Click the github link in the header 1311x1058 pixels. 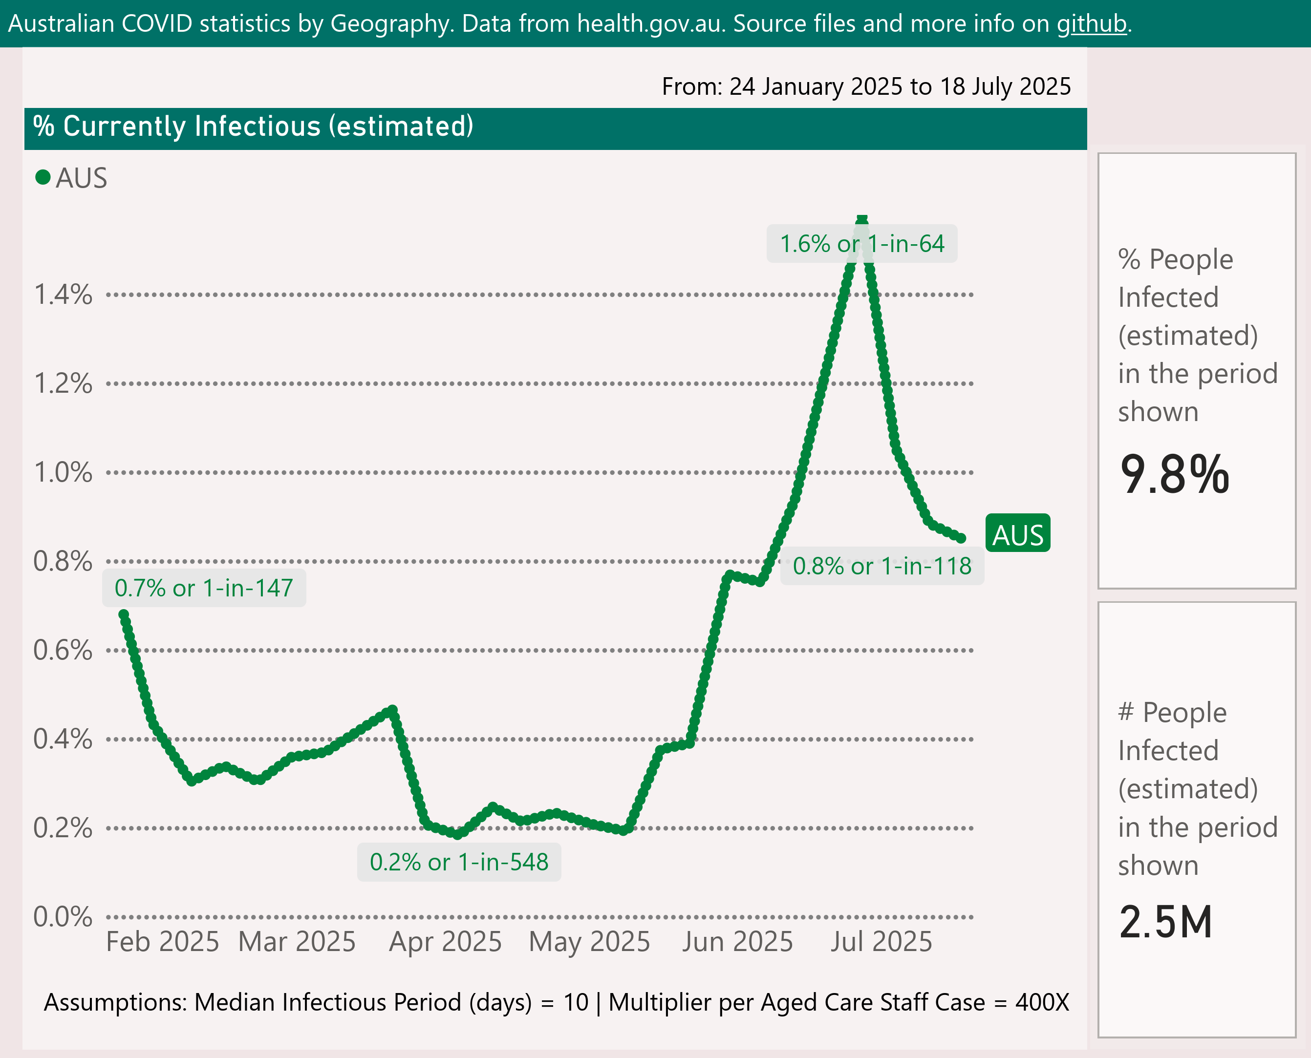point(1092,24)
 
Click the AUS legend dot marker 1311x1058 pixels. point(43,177)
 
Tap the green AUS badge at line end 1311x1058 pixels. point(1018,533)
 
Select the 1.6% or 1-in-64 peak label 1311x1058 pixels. point(861,244)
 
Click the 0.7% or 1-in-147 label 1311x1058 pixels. point(204,588)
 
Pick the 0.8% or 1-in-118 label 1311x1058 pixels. point(881,566)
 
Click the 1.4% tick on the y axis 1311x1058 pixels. point(63,295)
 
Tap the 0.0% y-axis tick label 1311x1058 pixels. point(63,917)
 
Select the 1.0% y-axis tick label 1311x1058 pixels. point(63,472)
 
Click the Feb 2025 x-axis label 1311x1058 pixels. point(162,942)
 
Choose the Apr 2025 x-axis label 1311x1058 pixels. point(445,942)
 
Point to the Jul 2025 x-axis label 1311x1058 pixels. point(881,942)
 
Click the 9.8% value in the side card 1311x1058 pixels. point(1174,475)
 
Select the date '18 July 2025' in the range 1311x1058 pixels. point(1005,86)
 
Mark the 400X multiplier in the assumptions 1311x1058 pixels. point(1042,1002)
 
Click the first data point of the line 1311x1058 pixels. point(124,615)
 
